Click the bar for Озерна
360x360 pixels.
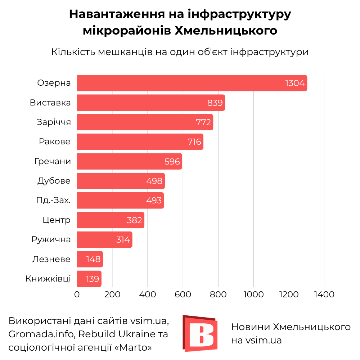coord(192,83)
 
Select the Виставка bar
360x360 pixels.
coord(151,103)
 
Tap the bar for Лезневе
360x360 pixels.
coord(90,259)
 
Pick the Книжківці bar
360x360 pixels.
coord(89,279)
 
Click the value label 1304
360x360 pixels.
coord(295,84)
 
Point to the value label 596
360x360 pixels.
coord(172,162)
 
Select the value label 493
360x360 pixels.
coord(154,201)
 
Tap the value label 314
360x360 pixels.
coord(123,240)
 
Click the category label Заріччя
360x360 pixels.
coord(54,122)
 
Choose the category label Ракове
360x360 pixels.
coord(55,142)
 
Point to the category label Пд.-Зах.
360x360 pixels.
coord(53,201)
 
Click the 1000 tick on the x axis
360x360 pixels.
coord(253,294)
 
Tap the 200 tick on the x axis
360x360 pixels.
coord(112,294)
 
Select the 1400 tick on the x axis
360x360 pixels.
coord(324,294)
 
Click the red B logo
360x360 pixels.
coord(200,333)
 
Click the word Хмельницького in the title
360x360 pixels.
coord(226,31)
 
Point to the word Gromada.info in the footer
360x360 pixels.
coord(40,334)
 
